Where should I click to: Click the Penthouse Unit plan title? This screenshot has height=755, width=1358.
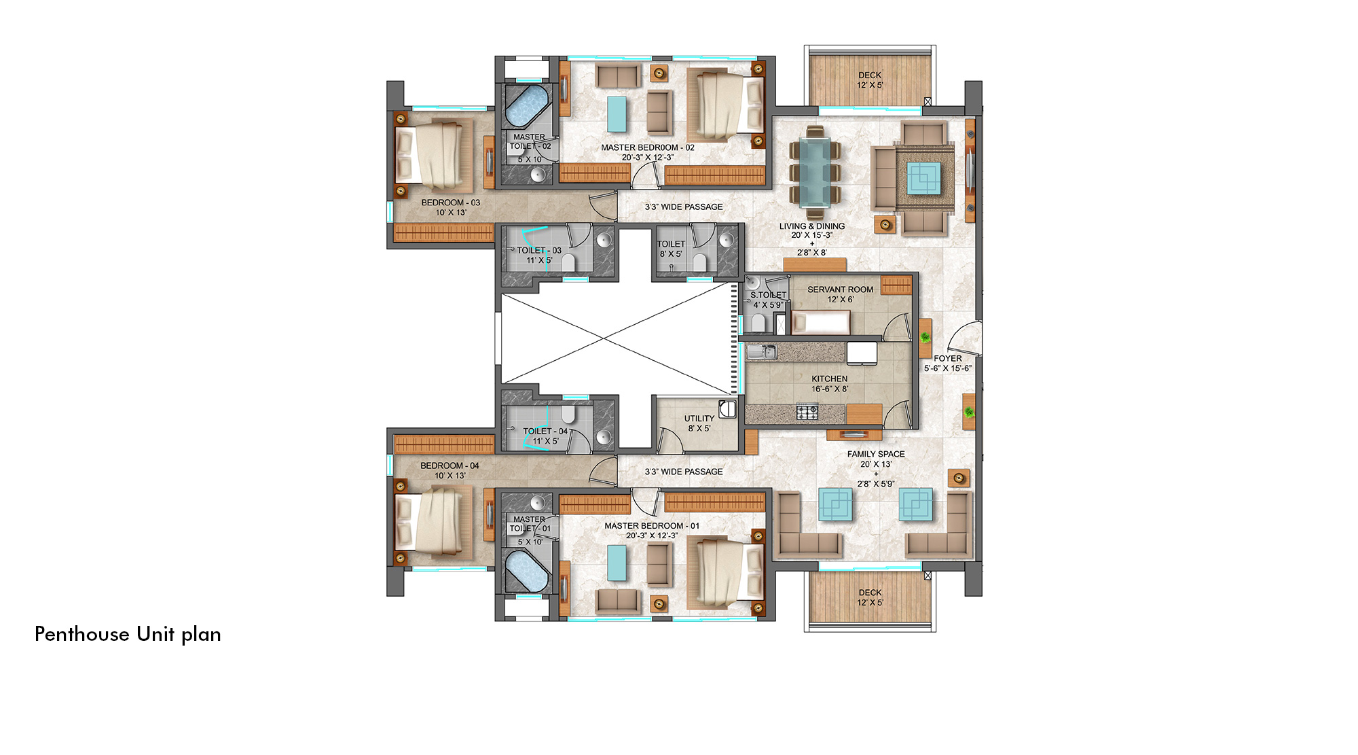click(x=128, y=634)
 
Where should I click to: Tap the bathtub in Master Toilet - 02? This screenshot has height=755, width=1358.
click(x=527, y=105)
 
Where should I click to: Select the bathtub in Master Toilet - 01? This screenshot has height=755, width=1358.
click(x=527, y=571)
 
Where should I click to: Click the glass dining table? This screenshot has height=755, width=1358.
click(x=814, y=171)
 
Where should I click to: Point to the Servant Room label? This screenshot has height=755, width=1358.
click(x=840, y=294)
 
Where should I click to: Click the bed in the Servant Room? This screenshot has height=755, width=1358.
click(x=820, y=322)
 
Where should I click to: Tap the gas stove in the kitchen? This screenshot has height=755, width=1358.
click(x=807, y=412)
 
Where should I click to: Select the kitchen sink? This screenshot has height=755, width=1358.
click(x=762, y=351)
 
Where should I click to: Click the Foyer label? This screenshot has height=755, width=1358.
click(x=948, y=363)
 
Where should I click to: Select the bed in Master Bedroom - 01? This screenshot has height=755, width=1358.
click(x=726, y=571)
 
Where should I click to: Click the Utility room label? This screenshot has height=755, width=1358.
click(x=699, y=423)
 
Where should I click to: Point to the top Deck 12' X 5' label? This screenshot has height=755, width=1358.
click(x=870, y=80)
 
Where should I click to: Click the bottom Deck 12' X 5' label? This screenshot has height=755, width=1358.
click(x=870, y=597)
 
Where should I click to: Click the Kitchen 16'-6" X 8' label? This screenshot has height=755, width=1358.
click(x=830, y=384)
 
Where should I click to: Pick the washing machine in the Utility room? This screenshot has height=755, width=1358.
click(x=727, y=408)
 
